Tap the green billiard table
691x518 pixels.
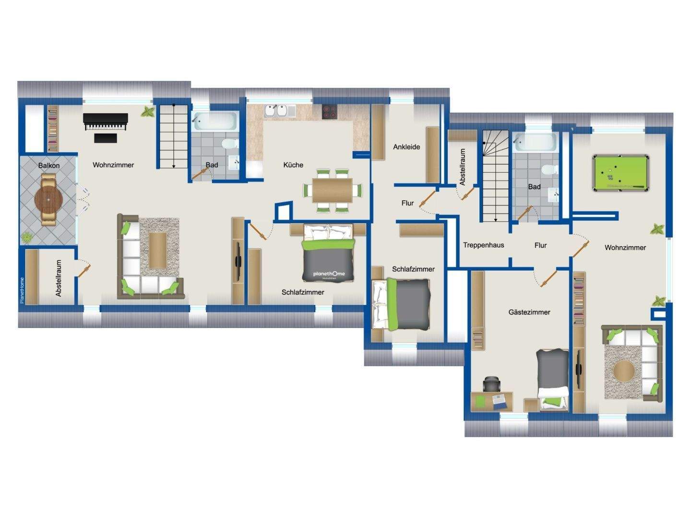620,173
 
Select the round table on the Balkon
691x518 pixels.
48,200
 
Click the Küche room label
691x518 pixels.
293,165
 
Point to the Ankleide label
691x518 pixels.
406,147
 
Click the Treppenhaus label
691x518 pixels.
483,245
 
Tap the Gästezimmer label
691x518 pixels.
529,312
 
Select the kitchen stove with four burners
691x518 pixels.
329,111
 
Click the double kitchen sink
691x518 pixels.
276,111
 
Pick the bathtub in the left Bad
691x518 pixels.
215,121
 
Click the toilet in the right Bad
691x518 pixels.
550,169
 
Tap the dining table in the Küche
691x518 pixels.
332,191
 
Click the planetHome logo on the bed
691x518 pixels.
329,274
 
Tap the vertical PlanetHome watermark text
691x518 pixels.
22,290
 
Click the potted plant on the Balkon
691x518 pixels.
27,237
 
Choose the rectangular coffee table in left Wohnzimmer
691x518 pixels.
158,250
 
